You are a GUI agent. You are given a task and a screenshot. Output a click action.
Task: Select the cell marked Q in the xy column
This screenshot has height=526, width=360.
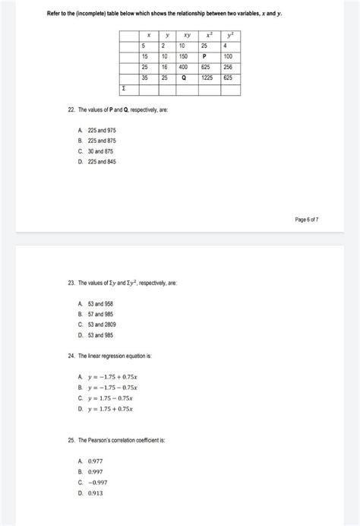183,78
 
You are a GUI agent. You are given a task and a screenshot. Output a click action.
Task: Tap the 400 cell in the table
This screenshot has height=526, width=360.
183,67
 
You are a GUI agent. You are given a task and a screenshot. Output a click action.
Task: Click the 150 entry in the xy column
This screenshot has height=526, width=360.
183,56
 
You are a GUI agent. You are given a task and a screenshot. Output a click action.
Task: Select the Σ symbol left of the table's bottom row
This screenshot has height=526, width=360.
124,88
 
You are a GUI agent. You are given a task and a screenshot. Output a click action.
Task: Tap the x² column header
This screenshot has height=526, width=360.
207,35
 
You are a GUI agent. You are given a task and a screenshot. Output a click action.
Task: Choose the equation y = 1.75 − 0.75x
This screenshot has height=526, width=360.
110,398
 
